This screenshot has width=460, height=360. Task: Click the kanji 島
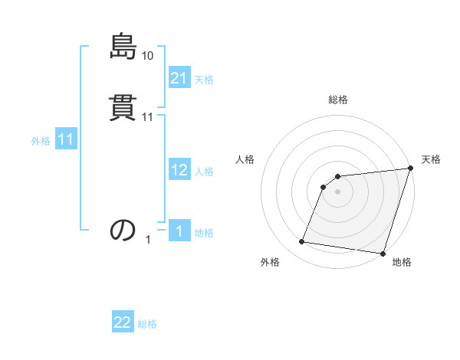pyautogui.click(x=123, y=47)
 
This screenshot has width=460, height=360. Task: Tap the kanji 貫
pyautogui.click(x=123, y=109)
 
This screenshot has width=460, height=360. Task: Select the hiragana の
pyautogui.click(x=123, y=230)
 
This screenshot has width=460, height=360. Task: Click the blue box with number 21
pyautogui.click(x=179, y=78)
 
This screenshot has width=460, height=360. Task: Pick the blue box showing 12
pyautogui.click(x=179, y=171)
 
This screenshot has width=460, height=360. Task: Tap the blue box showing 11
pyautogui.click(x=66, y=140)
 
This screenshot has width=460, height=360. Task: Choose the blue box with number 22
pyautogui.click(x=123, y=323)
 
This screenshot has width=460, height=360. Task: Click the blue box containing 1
pyautogui.click(x=179, y=232)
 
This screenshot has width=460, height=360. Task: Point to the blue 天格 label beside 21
pyautogui.click(x=204, y=80)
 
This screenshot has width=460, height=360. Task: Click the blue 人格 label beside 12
pyautogui.click(x=204, y=172)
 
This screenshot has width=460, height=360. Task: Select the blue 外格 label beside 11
pyautogui.click(x=41, y=142)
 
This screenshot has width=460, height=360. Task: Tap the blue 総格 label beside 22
pyautogui.click(x=147, y=325)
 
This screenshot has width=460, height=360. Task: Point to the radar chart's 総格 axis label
pyautogui.click(x=338, y=100)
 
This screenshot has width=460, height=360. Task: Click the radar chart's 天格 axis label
pyautogui.click(x=431, y=159)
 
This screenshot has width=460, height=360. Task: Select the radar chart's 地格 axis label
pyautogui.click(x=402, y=263)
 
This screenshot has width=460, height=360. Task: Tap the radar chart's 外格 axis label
pyautogui.click(x=270, y=263)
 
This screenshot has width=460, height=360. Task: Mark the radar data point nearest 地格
pyautogui.click(x=383, y=254)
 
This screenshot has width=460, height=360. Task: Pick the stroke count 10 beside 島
pyautogui.click(x=148, y=55)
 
